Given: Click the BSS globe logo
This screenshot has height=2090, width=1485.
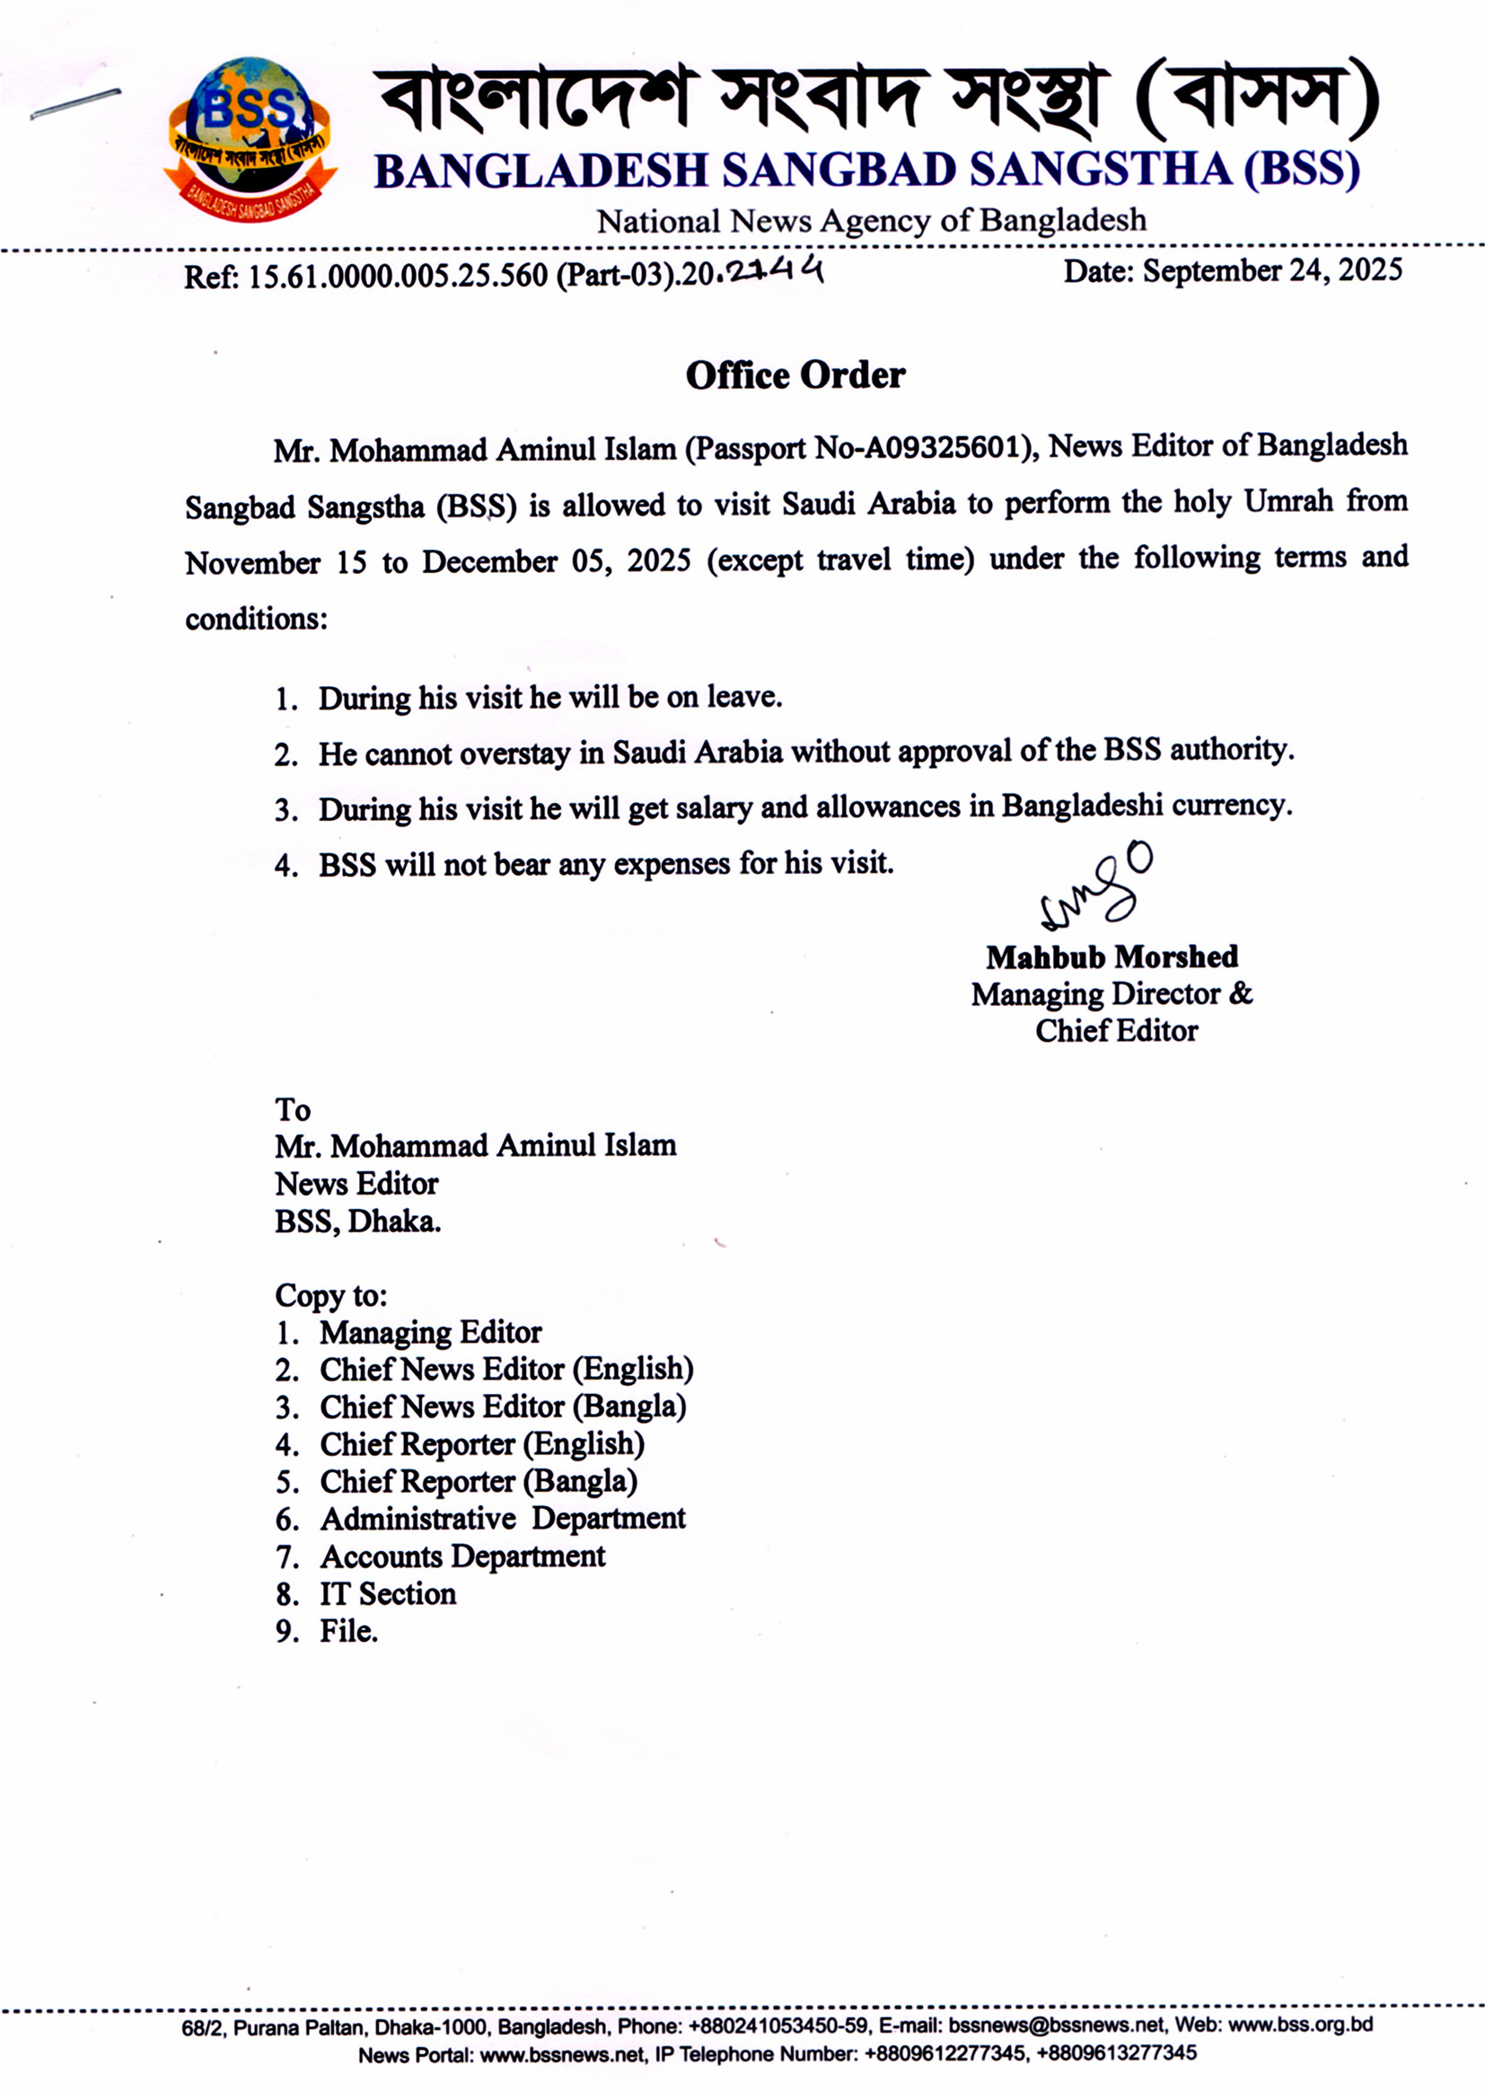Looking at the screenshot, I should click(249, 137).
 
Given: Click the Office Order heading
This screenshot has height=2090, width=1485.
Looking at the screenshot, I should click(795, 375).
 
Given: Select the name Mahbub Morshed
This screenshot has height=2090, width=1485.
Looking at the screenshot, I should click(1112, 957).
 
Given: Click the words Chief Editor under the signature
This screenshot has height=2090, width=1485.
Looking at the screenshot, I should click(1116, 1031).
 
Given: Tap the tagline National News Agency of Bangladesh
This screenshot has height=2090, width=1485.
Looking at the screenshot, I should click(871, 220).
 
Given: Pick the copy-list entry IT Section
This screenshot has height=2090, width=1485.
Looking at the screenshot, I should click(387, 1593).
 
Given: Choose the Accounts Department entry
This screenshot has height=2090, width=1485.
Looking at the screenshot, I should click(461, 1556).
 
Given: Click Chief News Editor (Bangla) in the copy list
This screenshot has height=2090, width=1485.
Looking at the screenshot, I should click(502, 1406).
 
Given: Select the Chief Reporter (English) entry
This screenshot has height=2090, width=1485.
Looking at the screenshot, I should click(481, 1443).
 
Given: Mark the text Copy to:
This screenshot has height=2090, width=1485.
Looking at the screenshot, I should click(331, 1295).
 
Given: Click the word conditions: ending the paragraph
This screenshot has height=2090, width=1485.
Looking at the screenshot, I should click(256, 619).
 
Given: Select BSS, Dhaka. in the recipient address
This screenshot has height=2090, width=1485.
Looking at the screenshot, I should click(357, 1221).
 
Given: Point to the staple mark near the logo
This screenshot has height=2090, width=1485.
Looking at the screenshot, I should click(75, 103).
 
